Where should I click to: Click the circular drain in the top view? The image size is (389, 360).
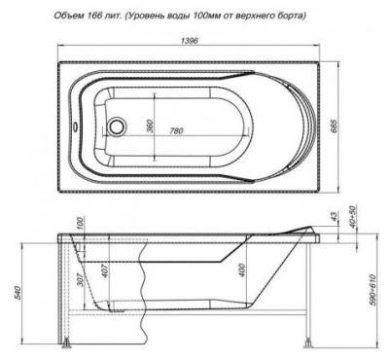(x=118, y=126)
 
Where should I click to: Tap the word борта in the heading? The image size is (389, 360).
(x=292, y=17)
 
